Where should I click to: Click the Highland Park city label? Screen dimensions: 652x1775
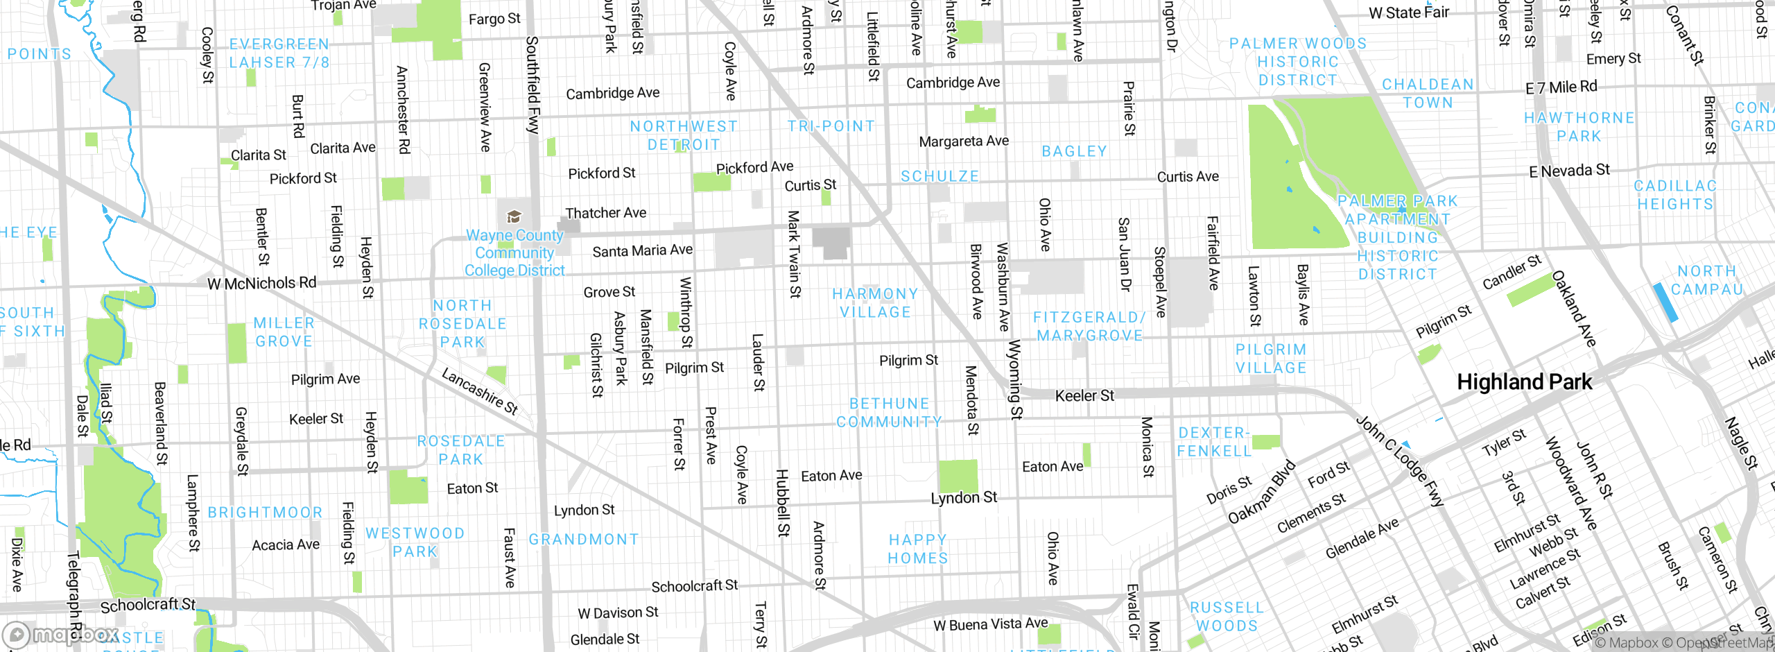1524,382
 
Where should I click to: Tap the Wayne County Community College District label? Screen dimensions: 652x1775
514,253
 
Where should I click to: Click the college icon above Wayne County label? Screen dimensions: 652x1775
514,217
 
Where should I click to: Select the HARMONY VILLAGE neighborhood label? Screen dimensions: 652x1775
875,303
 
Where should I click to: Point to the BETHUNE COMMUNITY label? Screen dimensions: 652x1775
889,413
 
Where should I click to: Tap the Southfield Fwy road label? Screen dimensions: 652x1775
532,85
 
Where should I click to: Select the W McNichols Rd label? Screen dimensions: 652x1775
261,283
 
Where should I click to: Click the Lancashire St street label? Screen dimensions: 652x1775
480,391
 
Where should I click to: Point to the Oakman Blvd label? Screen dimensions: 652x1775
1261,492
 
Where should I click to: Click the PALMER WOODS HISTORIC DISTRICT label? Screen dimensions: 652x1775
1297,62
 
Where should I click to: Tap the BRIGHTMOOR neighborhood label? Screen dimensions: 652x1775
265,513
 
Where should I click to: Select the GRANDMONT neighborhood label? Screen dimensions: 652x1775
584,540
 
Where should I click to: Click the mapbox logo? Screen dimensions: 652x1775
61,635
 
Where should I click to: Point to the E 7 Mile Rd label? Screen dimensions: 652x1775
1561,87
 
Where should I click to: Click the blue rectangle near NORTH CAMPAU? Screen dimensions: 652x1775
1665,302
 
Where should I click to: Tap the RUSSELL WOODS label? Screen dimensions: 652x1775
1226,617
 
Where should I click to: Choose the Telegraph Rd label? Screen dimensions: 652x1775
74,597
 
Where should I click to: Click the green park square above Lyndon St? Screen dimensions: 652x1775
958,476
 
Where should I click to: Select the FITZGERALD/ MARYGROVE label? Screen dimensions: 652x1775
1089,327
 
